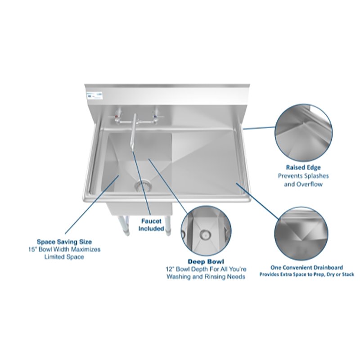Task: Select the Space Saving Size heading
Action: pyautogui.click(x=64, y=241)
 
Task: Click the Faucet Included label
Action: pyautogui.click(x=151, y=225)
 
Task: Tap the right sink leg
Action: pyautogui.click(x=167, y=224)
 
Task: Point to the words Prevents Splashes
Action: pyautogui.click(x=303, y=176)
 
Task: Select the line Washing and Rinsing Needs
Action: pyautogui.click(x=206, y=277)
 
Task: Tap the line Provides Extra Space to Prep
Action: pyautogui.click(x=306, y=274)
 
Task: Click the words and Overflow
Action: pyautogui.click(x=303, y=184)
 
